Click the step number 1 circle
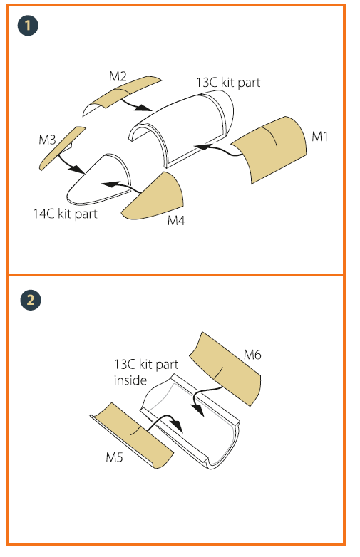click(28, 26)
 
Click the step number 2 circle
click(31, 300)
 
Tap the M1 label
click(319, 137)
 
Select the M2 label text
click(118, 76)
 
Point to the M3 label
click(47, 140)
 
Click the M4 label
click(176, 221)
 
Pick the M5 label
click(115, 457)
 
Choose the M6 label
click(252, 355)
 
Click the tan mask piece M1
click(270, 149)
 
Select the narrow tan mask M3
click(61, 149)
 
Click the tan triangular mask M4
click(156, 199)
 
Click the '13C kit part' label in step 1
click(228, 83)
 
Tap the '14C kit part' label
click(66, 214)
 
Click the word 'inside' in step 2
click(130, 380)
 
